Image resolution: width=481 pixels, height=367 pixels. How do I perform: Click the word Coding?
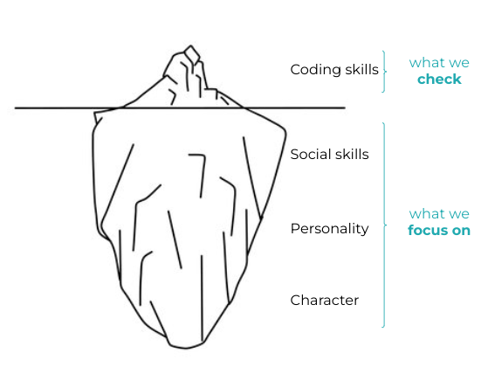(316, 70)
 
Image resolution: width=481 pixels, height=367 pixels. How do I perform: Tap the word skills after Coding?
(362, 69)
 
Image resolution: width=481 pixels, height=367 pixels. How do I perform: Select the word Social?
(311, 154)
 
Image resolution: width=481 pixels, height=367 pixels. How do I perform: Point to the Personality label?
(329, 229)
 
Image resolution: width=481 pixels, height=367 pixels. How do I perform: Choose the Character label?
(324, 300)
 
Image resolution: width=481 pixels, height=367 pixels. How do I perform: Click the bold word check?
(439, 80)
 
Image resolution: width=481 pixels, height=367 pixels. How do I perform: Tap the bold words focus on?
(439, 230)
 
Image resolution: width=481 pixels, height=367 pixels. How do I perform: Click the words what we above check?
(439, 63)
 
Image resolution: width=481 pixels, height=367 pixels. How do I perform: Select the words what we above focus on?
(439, 214)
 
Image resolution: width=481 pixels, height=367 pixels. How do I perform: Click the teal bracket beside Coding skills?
(385, 72)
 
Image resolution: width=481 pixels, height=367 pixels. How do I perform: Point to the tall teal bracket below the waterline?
(385, 225)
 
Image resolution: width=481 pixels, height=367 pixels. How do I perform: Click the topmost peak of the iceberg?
(191, 46)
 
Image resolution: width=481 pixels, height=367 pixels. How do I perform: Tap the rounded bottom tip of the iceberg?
(186, 348)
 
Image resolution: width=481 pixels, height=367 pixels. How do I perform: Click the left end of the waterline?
(16, 108)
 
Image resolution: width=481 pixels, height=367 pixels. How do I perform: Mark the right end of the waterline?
(345, 108)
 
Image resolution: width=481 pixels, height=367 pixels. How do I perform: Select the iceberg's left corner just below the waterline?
(95, 114)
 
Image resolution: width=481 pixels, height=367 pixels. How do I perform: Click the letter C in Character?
(295, 300)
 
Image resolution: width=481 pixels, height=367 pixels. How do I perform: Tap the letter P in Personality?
(294, 228)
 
